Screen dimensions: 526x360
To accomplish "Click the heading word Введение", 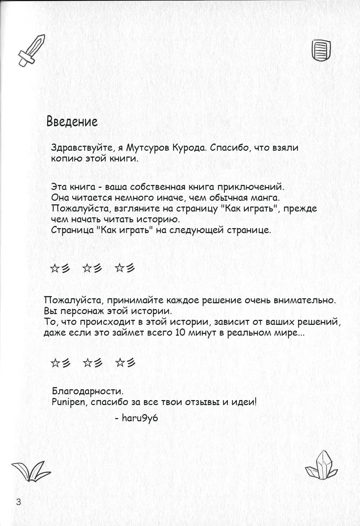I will (x=72, y=122).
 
